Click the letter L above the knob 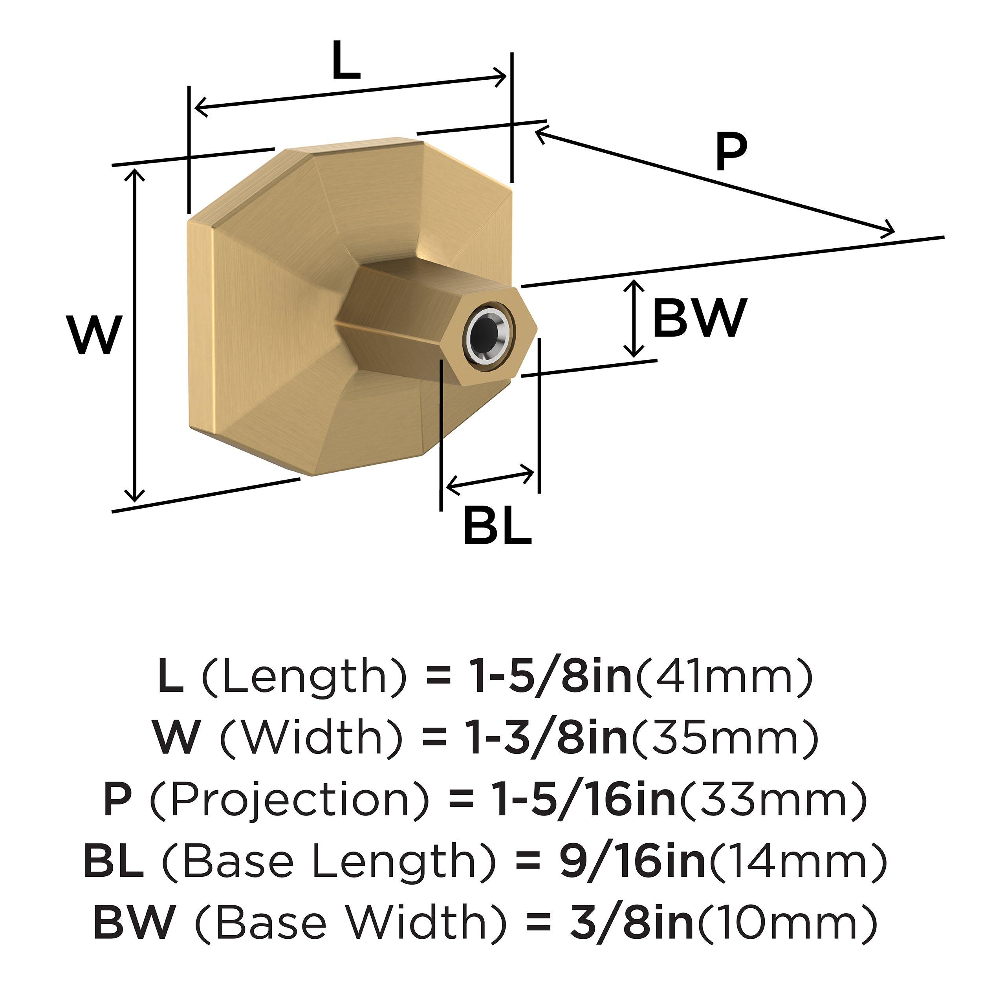tap(346, 60)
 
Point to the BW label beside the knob tap(700, 318)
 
